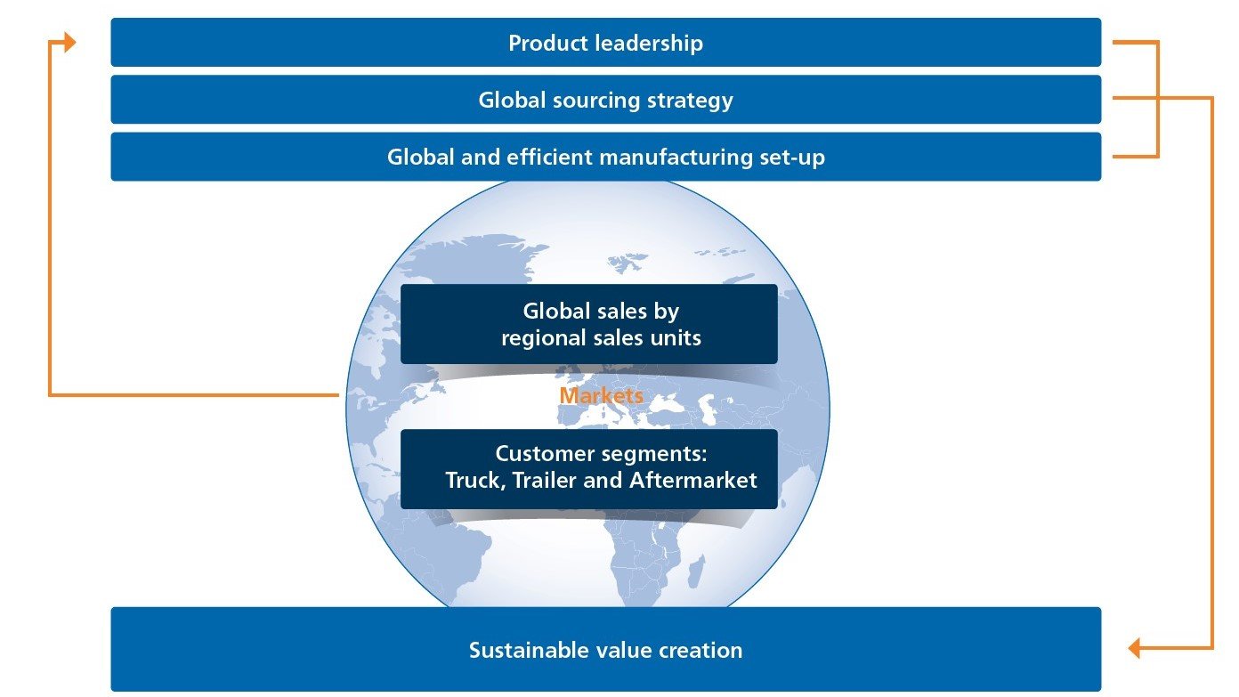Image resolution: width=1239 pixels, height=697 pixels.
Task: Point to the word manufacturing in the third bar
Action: (676, 157)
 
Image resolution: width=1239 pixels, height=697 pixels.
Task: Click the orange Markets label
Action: (601, 395)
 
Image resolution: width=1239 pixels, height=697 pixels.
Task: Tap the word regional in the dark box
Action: (539, 338)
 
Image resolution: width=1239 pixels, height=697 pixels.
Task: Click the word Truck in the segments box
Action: (475, 481)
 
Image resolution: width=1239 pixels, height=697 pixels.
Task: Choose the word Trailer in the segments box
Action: (544, 480)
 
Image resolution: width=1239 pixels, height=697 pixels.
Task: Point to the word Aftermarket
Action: (693, 480)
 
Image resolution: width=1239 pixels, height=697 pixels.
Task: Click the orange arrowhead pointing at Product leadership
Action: (69, 42)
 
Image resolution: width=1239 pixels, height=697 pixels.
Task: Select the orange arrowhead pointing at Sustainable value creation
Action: (1135, 648)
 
